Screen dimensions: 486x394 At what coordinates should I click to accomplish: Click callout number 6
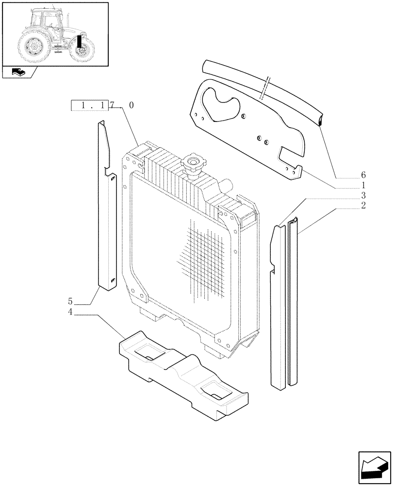pos(363,175)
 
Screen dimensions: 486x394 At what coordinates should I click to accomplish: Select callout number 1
pos(363,185)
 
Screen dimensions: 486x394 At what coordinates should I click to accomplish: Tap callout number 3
pos(363,195)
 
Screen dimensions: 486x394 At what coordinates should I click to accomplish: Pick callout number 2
pos(363,206)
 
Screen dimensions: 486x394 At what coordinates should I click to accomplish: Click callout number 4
pos(70,312)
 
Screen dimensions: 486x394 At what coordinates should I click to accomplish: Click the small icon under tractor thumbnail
pos(17,72)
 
